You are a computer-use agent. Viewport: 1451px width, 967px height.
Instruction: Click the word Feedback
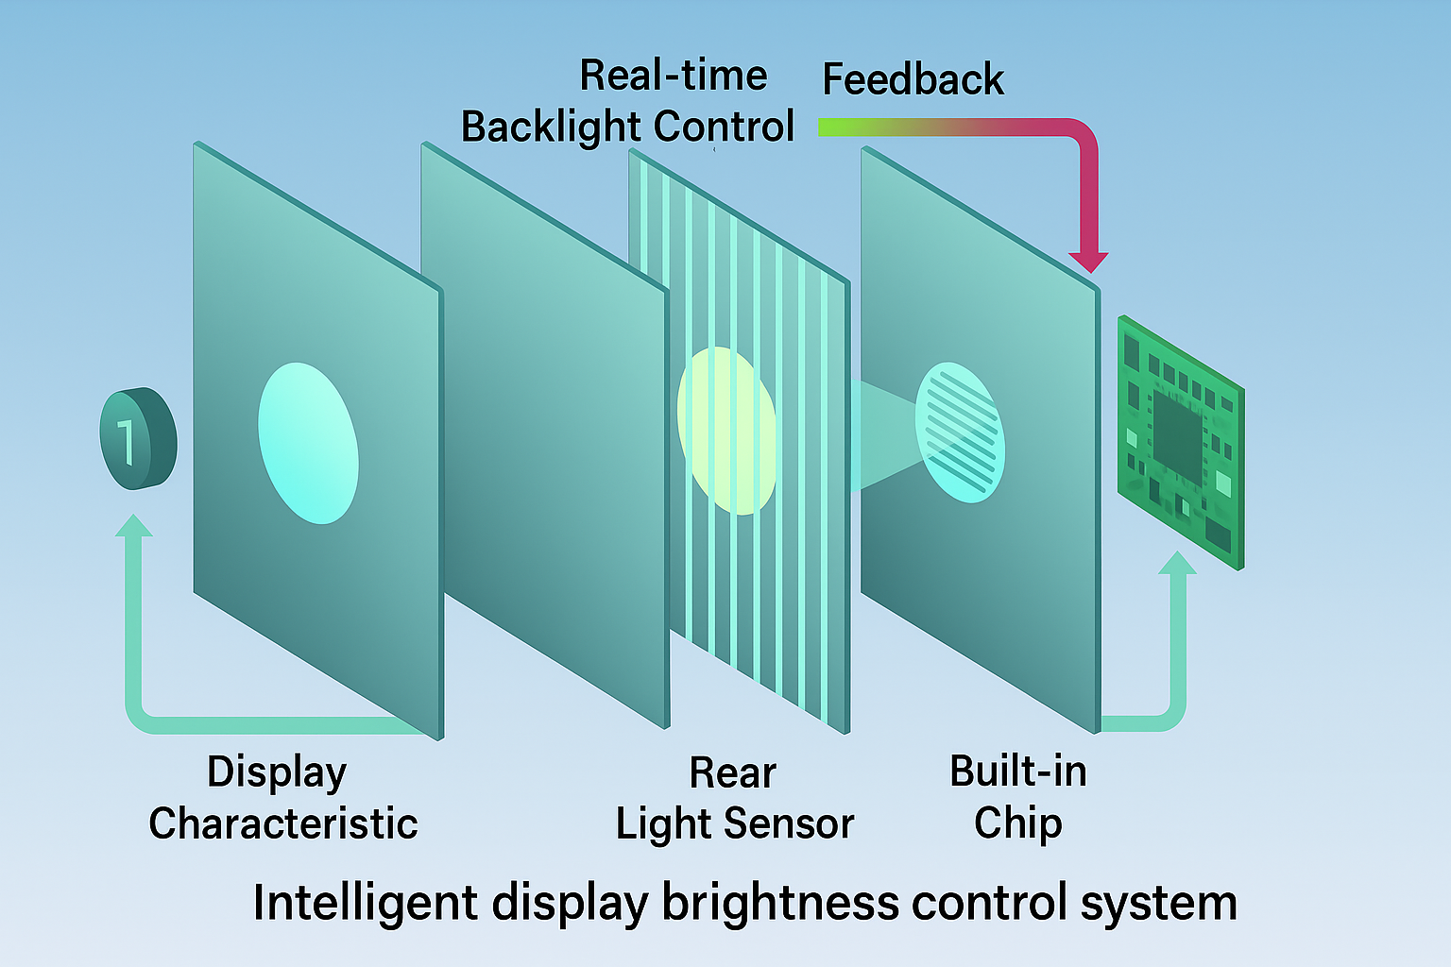(913, 79)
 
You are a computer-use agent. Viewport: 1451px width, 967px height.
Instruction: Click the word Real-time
(673, 76)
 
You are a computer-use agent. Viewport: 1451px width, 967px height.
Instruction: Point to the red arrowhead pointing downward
(1088, 262)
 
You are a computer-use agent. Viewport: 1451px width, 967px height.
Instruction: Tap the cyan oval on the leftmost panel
(308, 443)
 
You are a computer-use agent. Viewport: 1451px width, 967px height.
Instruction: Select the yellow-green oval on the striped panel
(726, 431)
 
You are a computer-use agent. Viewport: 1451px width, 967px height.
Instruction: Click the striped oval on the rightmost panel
(960, 432)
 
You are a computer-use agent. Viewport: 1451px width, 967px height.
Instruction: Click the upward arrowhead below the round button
(133, 525)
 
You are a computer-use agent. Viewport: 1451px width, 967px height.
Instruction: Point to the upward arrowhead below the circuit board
(1177, 562)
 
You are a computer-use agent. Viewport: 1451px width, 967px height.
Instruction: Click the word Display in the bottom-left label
(277, 772)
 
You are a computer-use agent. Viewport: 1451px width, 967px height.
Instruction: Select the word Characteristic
(283, 823)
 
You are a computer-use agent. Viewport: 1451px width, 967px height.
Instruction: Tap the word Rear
(733, 772)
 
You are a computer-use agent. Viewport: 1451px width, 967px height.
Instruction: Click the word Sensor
(789, 823)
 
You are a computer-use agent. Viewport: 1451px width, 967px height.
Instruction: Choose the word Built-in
(1018, 772)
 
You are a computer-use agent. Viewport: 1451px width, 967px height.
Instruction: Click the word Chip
(1017, 823)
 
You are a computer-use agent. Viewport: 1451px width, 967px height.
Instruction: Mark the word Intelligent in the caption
(366, 903)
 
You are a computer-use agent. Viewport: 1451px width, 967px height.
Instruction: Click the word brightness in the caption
(780, 902)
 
